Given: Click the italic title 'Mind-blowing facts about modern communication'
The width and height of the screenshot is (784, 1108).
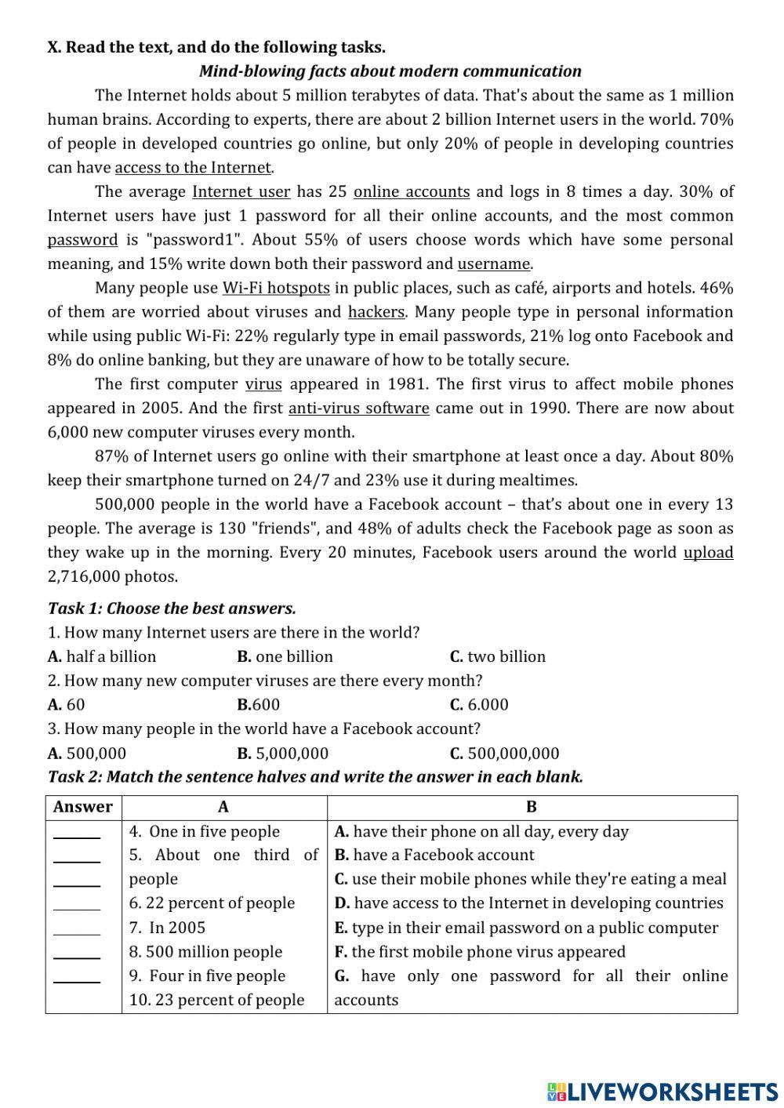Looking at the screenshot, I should (x=390, y=71).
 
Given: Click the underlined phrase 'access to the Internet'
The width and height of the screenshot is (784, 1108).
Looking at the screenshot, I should (x=194, y=168).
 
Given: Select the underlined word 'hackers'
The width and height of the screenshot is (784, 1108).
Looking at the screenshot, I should (x=376, y=312).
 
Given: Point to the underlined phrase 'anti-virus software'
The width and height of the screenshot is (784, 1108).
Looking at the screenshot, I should (x=358, y=409).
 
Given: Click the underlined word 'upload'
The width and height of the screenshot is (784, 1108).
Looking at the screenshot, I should (x=708, y=553).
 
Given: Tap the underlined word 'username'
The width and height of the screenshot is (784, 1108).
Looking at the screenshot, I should (x=494, y=264).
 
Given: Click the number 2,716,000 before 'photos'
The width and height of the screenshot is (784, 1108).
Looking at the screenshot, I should (x=84, y=577).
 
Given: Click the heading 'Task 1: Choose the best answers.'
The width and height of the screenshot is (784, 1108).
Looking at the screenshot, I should (x=172, y=608).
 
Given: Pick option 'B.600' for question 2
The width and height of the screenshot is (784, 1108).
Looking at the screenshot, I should (x=258, y=705).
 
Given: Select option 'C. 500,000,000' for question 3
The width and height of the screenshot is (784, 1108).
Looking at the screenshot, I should (x=504, y=754).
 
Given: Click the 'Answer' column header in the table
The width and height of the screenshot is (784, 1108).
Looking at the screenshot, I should (x=83, y=807).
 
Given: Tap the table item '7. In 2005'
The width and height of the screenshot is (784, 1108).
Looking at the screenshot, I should (x=167, y=928).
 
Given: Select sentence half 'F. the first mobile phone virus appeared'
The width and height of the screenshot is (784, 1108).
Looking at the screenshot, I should (x=480, y=952).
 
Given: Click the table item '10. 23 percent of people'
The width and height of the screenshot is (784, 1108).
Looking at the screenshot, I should (x=216, y=1000).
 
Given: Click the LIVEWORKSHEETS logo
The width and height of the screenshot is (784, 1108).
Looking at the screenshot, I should (x=662, y=1091).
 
